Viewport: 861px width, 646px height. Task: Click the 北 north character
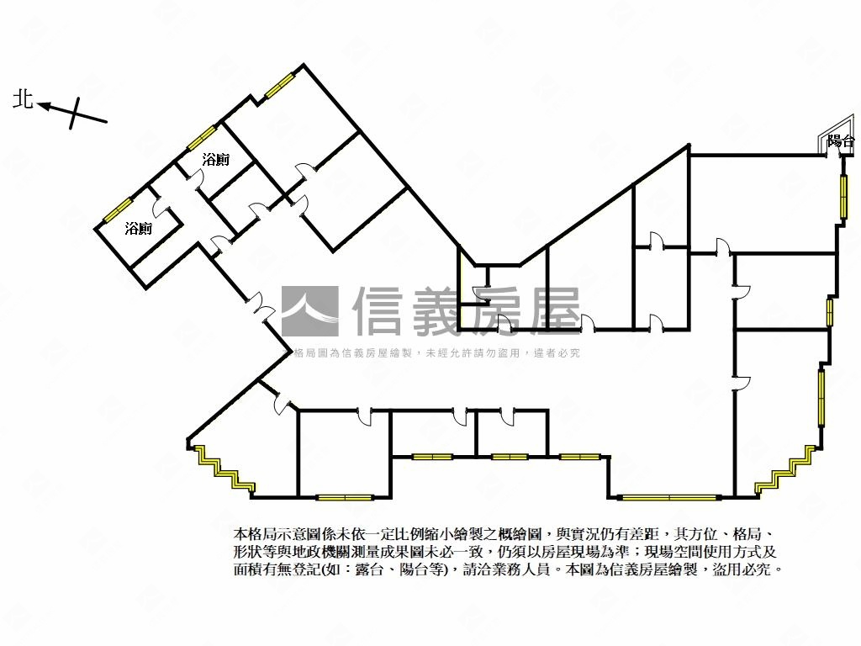pyautogui.click(x=23, y=100)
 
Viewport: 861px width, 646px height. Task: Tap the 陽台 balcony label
pyautogui.click(x=840, y=141)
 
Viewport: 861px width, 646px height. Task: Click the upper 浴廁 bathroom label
pyautogui.click(x=216, y=159)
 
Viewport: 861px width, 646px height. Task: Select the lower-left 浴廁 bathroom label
pyautogui.click(x=139, y=228)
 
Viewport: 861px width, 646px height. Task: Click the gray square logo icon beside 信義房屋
pyautogui.click(x=309, y=311)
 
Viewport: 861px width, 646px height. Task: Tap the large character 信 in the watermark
pyautogui.click(x=381, y=311)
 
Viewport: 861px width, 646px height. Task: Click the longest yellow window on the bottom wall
pyautogui.click(x=670, y=498)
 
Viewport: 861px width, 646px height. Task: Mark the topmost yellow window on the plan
pyautogui.click(x=280, y=85)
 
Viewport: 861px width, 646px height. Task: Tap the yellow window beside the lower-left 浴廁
pyautogui.click(x=117, y=209)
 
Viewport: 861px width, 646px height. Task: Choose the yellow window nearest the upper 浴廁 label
pyautogui.click(x=202, y=137)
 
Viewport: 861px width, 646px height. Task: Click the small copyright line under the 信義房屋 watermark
pyautogui.click(x=437, y=353)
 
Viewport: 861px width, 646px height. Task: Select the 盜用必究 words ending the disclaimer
pyautogui.click(x=748, y=569)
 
